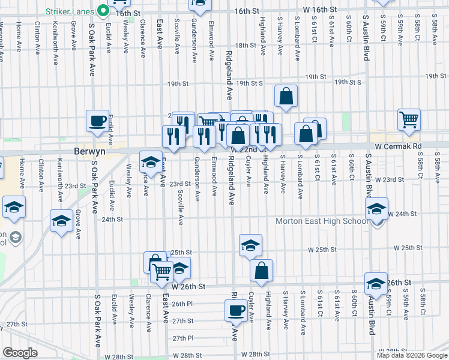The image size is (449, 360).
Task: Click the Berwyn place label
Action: pyautogui.click(x=89, y=152)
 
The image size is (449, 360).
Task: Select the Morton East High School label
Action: pyautogui.click(x=322, y=221)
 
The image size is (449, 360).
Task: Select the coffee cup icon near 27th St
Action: pyautogui.click(x=235, y=311)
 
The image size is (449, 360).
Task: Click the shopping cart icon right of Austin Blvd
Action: pyautogui.click(x=409, y=119)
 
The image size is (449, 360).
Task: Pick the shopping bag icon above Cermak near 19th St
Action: pyautogui.click(x=286, y=95)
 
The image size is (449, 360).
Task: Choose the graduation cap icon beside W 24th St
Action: pyautogui.click(x=376, y=208)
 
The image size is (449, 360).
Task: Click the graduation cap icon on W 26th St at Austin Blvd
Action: pyautogui.click(x=376, y=283)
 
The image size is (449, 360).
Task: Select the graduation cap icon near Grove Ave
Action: pyautogui.click(x=61, y=221)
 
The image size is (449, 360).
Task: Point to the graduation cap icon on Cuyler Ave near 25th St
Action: pyautogui.click(x=250, y=245)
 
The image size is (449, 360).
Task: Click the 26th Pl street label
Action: pyautogui.click(x=181, y=304)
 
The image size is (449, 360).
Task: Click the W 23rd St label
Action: pyautogui.click(x=390, y=179)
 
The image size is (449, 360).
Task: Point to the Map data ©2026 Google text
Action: pyautogui.click(x=412, y=355)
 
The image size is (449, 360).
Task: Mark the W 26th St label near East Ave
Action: pyautogui.click(x=188, y=287)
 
